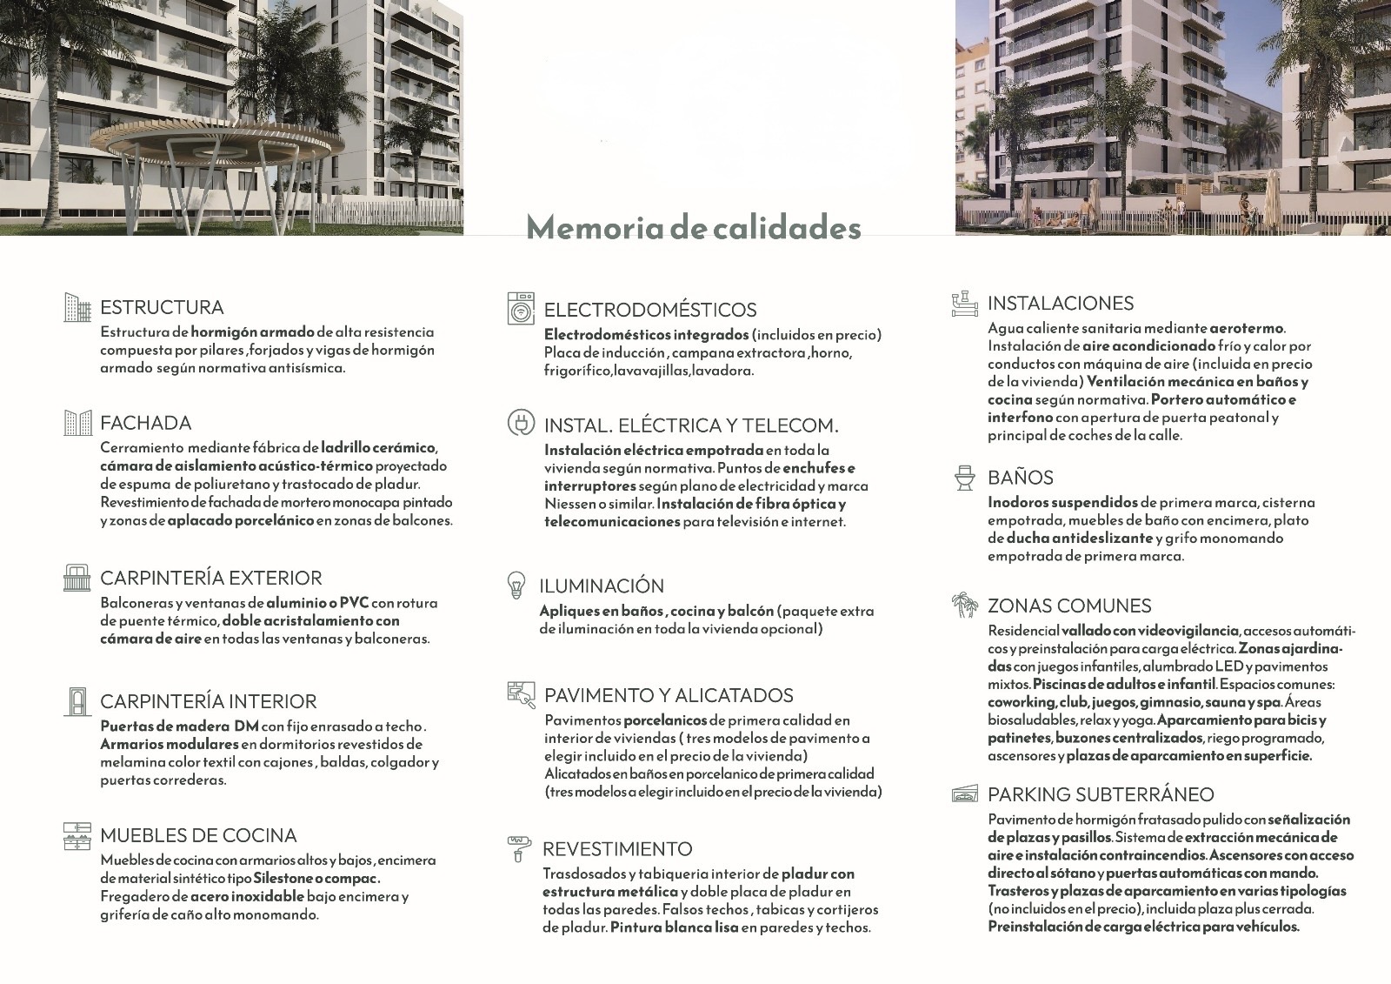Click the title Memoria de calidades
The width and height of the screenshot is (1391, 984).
point(694,227)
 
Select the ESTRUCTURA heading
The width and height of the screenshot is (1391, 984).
point(162,307)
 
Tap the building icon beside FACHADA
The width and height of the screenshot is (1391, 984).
point(77,423)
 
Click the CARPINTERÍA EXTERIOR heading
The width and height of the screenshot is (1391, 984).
point(211,578)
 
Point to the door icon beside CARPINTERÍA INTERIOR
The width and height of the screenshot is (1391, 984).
point(77,701)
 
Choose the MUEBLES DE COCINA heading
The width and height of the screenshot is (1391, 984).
point(198,835)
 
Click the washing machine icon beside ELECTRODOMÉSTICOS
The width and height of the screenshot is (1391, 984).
point(521,309)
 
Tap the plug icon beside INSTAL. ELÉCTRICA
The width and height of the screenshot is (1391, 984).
point(521,424)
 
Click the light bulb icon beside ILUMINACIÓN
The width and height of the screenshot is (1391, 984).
point(516,586)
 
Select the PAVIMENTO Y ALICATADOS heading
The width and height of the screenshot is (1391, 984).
point(669,695)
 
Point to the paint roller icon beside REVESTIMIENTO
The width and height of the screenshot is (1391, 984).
point(518,848)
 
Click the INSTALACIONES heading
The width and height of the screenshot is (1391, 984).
point(1061,303)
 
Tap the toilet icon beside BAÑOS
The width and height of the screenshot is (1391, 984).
point(964,478)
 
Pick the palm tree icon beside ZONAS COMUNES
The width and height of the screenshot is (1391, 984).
point(964,606)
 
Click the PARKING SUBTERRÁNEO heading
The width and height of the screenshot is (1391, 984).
point(1101,794)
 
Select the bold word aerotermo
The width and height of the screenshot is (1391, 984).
point(1246,328)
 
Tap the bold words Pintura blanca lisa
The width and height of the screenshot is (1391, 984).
point(674,927)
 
